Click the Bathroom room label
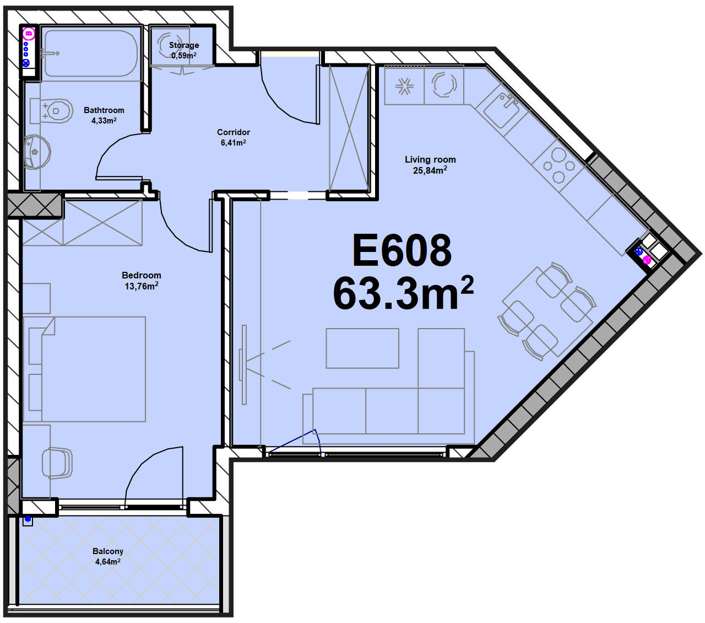104,110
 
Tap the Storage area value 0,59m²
184,55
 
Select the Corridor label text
233,132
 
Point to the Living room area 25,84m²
430,170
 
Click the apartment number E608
402,250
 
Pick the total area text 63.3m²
403,293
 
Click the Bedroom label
142,275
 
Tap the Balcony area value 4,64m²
108,561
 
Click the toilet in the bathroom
52,111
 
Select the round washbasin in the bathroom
37,152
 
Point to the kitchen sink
501,110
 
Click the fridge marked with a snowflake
404,85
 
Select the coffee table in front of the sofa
362,348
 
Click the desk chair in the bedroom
57,463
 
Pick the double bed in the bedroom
84,369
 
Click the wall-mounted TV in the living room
243,364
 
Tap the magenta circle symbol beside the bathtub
29,34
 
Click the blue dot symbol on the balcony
28,519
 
